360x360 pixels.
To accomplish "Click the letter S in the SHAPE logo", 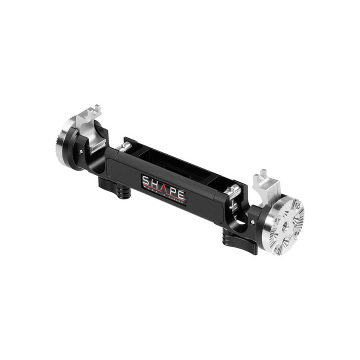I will [x=145, y=180].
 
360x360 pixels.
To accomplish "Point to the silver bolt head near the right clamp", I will [x=231, y=190].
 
